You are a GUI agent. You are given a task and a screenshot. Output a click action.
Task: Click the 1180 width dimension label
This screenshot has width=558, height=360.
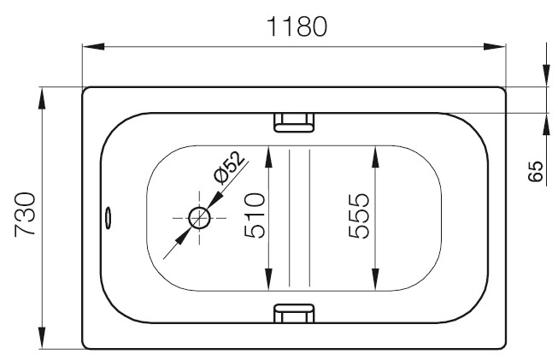click(x=297, y=27)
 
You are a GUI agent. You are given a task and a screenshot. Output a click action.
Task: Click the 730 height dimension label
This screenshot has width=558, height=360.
click(x=25, y=215)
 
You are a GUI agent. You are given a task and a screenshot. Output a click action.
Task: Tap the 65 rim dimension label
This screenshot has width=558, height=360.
click(x=535, y=171)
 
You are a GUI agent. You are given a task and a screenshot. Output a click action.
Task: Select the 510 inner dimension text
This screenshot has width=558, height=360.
click(x=255, y=215)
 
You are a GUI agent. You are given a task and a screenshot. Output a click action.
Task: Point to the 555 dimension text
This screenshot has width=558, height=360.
click(x=359, y=215)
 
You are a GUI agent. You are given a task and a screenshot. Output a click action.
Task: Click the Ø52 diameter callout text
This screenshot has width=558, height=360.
click(x=230, y=168)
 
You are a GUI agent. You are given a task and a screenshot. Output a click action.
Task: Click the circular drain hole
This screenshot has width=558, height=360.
click(x=199, y=218)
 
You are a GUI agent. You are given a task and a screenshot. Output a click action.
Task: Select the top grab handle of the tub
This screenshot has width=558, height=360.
click(x=294, y=122)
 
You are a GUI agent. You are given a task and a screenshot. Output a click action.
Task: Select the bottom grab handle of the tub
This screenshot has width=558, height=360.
click(x=294, y=313)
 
